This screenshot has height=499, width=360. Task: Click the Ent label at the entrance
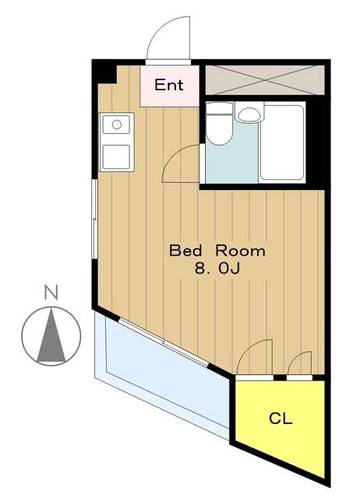click(x=169, y=85)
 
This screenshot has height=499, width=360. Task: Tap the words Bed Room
click(x=217, y=251)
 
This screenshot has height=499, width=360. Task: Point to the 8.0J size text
click(x=217, y=269)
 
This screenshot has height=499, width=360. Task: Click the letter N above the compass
click(x=51, y=293)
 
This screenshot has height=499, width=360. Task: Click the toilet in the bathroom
click(x=219, y=123)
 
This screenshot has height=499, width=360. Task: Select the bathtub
click(x=282, y=142)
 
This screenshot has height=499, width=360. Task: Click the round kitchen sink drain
click(x=117, y=125)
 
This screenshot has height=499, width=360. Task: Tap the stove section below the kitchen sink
click(x=116, y=157)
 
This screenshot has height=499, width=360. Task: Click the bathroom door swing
click(x=181, y=163)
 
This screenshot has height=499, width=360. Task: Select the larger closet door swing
click(x=255, y=357)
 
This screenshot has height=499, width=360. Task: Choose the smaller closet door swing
click(x=299, y=363)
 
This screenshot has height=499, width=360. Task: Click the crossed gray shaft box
click(x=265, y=80)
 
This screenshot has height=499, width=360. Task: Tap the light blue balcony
click(x=162, y=373)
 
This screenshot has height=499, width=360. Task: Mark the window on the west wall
click(x=94, y=219)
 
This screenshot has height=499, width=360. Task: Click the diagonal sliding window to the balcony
click(x=164, y=343)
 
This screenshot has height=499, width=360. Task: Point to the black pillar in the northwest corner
click(x=104, y=73)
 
